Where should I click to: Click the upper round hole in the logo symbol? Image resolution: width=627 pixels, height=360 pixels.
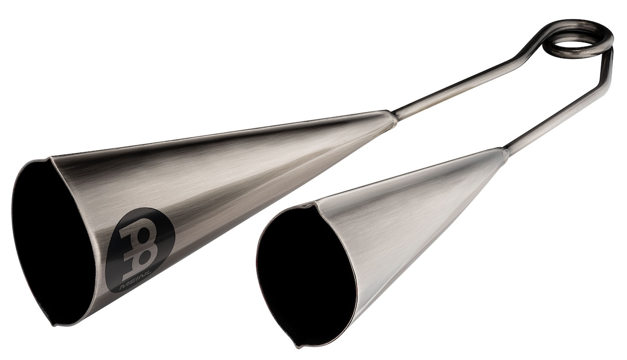[x=142, y=236]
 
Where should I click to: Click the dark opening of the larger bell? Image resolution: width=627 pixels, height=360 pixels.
[x=53, y=241]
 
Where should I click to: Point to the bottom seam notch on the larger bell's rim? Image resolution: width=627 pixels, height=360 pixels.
[x=54, y=324]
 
